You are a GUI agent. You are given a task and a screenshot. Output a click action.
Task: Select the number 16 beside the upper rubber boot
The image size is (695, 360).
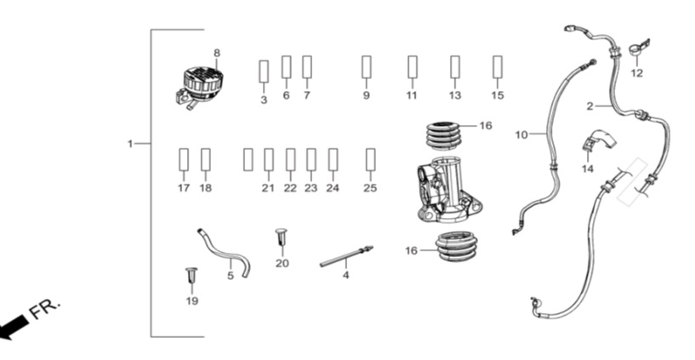(x=486, y=126)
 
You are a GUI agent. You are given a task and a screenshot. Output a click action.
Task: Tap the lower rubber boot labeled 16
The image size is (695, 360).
(x=457, y=246)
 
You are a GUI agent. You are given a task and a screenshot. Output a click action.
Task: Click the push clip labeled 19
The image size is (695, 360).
(x=191, y=277)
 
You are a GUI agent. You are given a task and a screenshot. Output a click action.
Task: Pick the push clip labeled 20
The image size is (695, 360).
(x=282, y=237)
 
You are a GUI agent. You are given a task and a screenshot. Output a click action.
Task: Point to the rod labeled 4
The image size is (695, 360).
(x=346, y=257)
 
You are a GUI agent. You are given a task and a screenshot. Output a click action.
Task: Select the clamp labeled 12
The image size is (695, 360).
(x=639, y=48)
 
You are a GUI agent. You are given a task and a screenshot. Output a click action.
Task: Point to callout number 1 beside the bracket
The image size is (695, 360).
(x=130, y=144)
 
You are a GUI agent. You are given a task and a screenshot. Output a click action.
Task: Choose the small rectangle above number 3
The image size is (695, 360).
(x=264, y=71)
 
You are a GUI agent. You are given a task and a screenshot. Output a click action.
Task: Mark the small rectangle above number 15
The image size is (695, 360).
(x=498, y=67)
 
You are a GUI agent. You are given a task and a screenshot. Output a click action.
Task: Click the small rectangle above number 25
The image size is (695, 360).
(x=371, y=160)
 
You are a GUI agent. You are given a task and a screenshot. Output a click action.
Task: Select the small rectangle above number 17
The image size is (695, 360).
(x=184, y=160)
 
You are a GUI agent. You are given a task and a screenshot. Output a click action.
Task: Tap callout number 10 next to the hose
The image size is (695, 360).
(x=521, y=134)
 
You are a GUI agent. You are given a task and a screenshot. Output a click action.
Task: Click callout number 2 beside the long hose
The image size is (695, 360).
(x=590, y=106)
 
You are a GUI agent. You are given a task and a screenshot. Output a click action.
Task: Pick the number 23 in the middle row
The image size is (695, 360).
(x=310, y=188)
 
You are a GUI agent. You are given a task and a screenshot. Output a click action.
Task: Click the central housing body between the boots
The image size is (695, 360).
(x=448, y=190)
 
